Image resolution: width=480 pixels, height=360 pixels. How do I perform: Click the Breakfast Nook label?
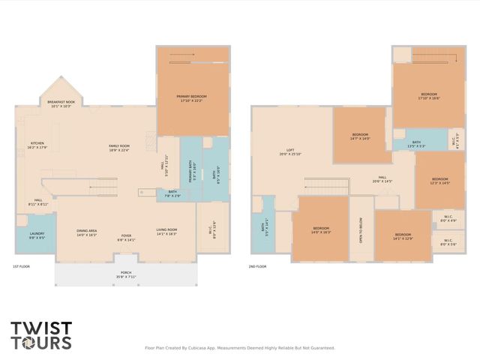click(60, 103)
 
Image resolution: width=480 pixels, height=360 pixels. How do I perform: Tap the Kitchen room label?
click(37, 145)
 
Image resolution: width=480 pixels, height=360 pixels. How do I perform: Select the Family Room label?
click(119, 148)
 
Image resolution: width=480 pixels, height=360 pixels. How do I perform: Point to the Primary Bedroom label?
click(191, 98)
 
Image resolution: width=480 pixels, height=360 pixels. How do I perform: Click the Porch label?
click(125, 274)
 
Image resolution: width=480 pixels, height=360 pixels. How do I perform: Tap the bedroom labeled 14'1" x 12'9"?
click(403, 236)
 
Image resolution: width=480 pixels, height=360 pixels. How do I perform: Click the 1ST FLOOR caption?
click(21, 267)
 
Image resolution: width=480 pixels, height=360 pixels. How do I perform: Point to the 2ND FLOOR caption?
click(257, 267)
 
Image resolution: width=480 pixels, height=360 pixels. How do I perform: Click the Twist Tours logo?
click(41, 334)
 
